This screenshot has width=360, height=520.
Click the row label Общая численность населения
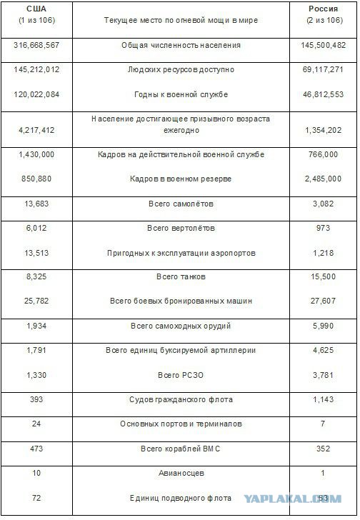pyautogui.click(x=181, y=46)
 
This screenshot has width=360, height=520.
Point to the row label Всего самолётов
pyautogui.click(x=181, y=204)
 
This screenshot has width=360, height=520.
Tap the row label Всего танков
pyautogui.click(x=181, y=276)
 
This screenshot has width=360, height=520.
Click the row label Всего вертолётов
pyautogui.click(x=181, y=229)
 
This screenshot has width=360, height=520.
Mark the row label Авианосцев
pyautogui.click(x=181, y=472)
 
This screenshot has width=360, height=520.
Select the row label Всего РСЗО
pyautogui.click(x=181, y=375)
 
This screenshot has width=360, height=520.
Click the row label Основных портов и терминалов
pyautogui.click(x=181, y=424)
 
